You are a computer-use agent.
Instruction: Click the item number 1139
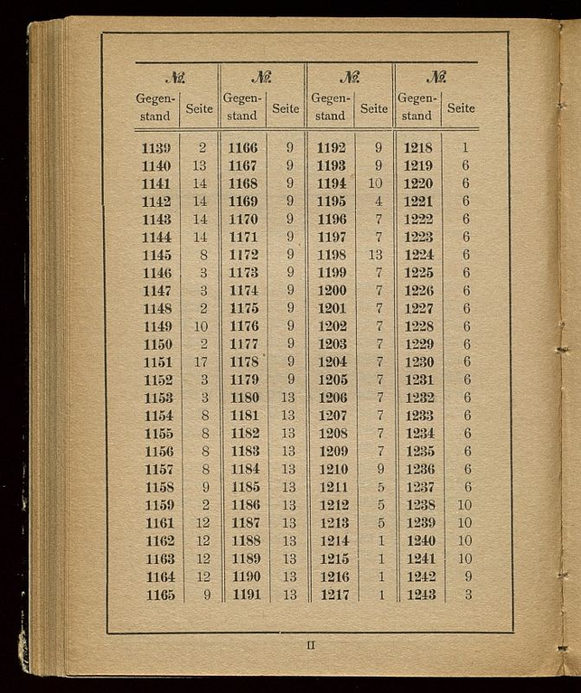pos(156,148)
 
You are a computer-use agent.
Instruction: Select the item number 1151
pos(157,362)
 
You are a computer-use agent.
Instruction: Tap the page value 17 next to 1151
pos(201,362)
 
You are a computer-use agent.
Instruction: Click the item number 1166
pos(242,148)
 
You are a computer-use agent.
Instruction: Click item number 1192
pos(332,148)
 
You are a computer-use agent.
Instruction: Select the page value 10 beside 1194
pos(375,184)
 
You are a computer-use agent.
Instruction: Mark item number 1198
pos(332,255)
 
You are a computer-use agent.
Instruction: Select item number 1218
pos(418,148)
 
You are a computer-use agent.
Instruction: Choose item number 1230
pos(419,362)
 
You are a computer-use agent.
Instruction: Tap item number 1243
pos(421,595)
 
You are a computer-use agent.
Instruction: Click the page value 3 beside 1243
pos(468,595)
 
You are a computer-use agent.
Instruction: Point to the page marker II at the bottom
pos(311,644)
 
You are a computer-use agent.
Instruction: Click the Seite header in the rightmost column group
pos(461,108)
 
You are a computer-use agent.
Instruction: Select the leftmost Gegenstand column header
pos(155,107)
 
